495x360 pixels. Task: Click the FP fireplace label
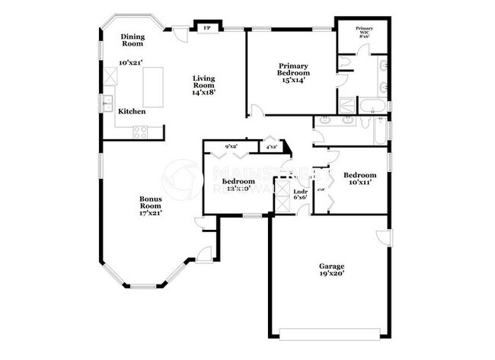pos(206,27)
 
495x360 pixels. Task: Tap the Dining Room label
pos(133,40)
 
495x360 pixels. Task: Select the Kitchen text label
pos(131,111)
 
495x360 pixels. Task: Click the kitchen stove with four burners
pos(141,132)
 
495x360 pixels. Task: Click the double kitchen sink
pos(109,104)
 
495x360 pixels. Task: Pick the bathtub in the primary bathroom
pos(373,105)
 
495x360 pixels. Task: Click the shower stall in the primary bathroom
pos(347,105)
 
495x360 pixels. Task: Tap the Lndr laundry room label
pos(300,193)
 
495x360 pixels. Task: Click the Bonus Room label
pos(150,205)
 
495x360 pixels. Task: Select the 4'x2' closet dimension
pos(270,146)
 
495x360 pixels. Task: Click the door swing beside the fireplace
pos(180,33)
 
